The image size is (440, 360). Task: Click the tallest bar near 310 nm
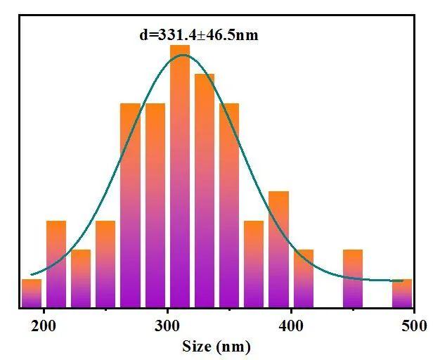pos(180,176)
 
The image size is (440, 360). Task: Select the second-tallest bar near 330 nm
pos(205,190)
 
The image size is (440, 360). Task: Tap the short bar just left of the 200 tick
pos(31,293)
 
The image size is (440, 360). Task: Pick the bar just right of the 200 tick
pos(56,264)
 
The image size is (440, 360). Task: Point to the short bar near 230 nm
pos(81,278)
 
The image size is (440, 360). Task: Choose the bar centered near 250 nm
pos(105,264)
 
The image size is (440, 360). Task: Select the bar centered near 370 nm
pos(254,264)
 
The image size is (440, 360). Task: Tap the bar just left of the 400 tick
pos(278,249)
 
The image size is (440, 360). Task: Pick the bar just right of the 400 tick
pos(304,278)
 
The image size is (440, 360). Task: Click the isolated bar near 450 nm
pos(353,278)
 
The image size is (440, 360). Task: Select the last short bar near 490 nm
pos(402,293)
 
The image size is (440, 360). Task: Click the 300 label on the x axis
pos(167,326)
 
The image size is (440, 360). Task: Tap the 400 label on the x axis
pos(291,326)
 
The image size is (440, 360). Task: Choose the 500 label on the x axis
pos(413,326)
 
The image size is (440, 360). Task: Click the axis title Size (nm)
pos(216,346)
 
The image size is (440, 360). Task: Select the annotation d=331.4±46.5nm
pos(199,34)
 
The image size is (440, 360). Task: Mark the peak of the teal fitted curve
pos(184,55)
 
